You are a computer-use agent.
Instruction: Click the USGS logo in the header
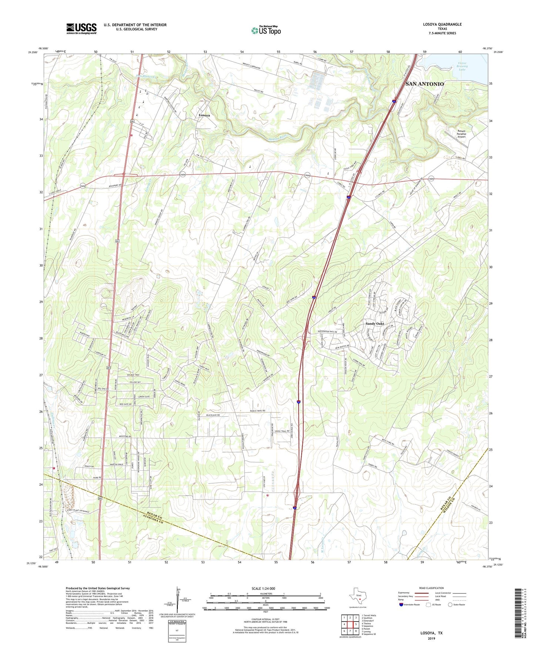pyautogui.click(x=81, y=28)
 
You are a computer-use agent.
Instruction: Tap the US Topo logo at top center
pyautogui.click(x=266, y=30)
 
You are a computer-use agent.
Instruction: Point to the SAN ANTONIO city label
pyautogui.click(x=424, y=84)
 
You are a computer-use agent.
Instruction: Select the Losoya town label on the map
pyautogui.click(x=204, y=115)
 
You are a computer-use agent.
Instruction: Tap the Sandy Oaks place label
pyautogui.click(x=375, y=324)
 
